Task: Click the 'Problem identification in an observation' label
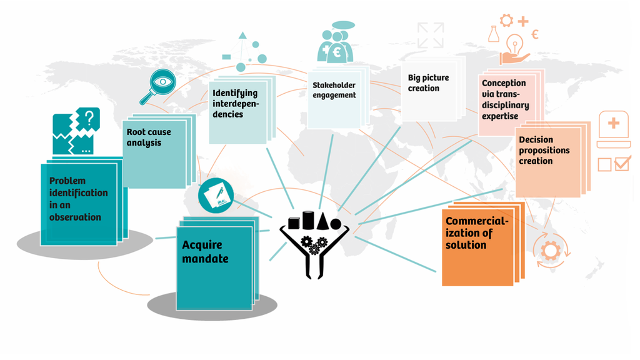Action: coord(78,199)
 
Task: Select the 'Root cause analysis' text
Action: coord(149,137)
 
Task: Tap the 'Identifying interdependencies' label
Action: coord(235,104)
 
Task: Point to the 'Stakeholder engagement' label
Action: coord(334,90)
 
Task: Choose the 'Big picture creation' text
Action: coord(428,83)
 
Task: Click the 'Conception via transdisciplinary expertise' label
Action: coord(505,99)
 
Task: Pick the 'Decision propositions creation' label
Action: coord(544,151)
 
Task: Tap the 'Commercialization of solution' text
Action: coord(477,233)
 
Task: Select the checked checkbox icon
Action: coord(622,164)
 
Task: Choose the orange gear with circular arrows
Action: coord(551,251)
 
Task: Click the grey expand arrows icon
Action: coord(431,35)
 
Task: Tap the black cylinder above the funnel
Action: coord(308,220)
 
